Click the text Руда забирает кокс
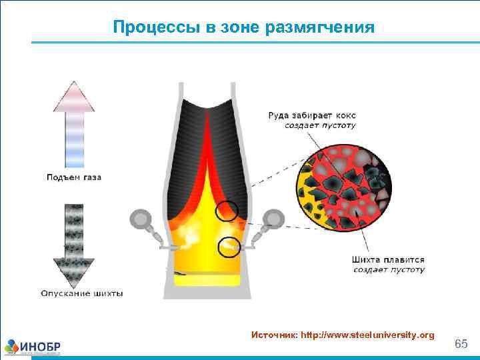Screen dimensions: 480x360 click(x=312, y=115)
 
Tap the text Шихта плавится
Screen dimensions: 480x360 click(x=388, y=260)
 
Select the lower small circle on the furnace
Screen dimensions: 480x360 click(x=230, y=247)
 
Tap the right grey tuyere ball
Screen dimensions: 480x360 click(x=273, y=218)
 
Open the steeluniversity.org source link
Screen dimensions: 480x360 click(x=367, y=334)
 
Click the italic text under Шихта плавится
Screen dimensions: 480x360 click(x=388, y=270)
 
